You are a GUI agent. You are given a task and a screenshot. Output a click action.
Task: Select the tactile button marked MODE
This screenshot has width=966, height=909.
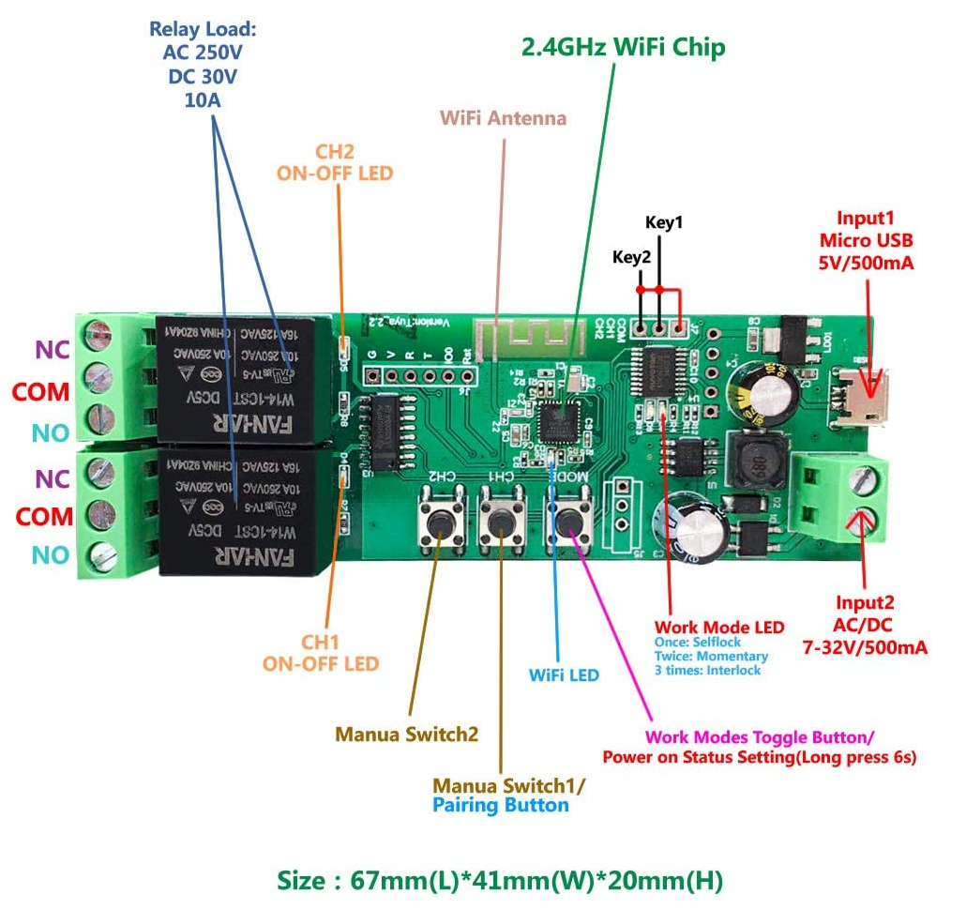(x=569, y=520)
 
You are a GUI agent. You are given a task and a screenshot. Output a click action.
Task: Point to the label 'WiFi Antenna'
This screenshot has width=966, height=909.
(x=504, y=118)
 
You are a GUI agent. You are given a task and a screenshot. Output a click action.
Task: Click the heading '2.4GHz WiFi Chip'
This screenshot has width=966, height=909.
(x=623, y=47)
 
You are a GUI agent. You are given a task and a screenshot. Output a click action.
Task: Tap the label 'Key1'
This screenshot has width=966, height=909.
(x=664, y=222)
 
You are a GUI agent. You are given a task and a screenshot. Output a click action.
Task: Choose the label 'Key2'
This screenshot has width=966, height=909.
(x=631, y=256)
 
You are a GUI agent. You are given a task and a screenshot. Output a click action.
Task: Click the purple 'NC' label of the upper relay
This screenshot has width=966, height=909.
(x=52, y=350)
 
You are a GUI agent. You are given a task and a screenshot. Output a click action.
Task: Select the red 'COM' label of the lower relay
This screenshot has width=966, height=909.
(x=43, y=516)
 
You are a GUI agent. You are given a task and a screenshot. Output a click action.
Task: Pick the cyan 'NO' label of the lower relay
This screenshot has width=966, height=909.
(x=51, y=555)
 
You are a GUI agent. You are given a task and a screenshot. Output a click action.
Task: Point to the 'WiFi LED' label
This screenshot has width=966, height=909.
(x=564, y=674)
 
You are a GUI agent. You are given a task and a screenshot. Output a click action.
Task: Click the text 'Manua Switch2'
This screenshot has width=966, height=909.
(x=407, y=734)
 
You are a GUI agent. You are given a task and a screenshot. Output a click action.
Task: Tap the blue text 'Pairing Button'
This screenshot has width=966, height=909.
(x=500, y=805)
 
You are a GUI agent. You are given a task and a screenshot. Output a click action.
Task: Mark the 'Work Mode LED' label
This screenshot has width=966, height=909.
(x=718, y=627)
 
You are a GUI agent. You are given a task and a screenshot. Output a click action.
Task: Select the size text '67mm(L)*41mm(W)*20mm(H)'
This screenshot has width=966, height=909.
(x=536, y=880)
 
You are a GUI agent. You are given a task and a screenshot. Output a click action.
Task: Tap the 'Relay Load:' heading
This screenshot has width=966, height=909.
(x=203, y=30)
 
